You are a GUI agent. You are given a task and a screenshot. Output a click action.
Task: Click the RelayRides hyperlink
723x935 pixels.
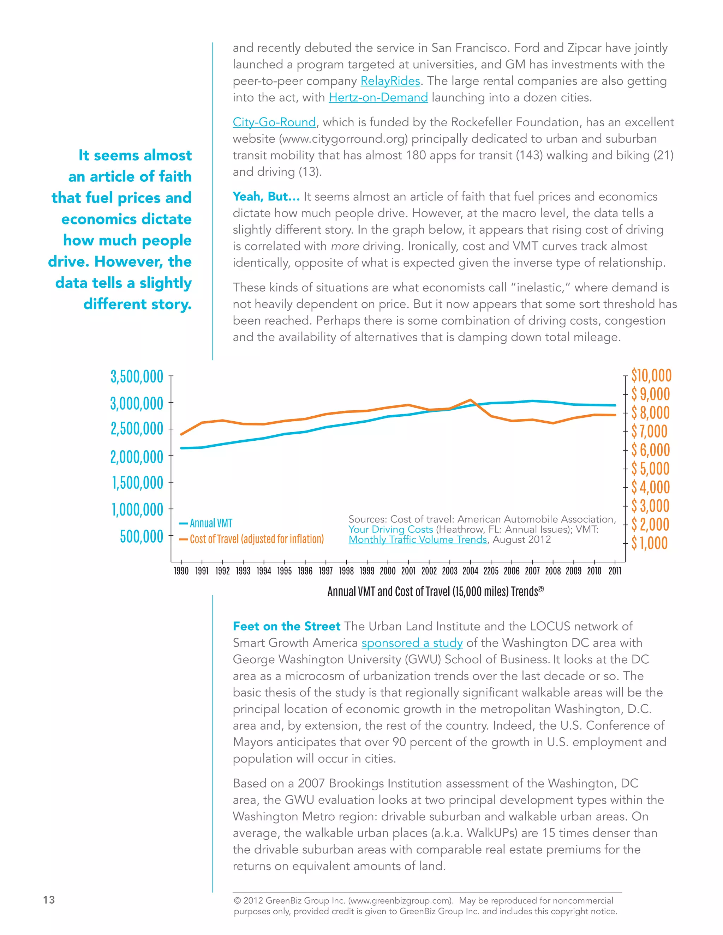coord(390,81)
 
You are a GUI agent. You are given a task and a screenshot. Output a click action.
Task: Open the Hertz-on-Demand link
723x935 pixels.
coord(378,98)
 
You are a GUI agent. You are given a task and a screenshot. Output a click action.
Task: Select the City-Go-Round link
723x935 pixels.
coord(274,122)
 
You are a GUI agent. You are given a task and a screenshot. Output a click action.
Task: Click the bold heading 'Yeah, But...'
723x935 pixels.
coord(266,197)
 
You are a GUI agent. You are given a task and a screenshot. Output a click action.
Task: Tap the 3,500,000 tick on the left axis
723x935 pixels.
coord(137,377)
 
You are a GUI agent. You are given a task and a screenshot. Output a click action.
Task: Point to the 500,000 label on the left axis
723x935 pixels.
coord(141,536)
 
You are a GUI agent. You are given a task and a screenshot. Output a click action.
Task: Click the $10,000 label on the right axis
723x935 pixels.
coord(651,375)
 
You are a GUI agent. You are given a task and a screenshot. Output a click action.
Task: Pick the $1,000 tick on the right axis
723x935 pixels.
coord(649,543)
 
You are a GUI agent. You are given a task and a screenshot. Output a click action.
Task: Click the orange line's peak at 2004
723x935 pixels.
coord(470,400)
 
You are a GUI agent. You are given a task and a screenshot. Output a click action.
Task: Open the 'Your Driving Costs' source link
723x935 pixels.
coord(391,530)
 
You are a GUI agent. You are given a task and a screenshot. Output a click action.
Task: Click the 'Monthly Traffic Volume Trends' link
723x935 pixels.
coord(418,540)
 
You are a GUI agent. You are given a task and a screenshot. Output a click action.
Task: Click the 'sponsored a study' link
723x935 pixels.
coord(412,643)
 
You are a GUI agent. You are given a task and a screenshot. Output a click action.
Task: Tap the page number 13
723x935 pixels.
coord(49,900)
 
